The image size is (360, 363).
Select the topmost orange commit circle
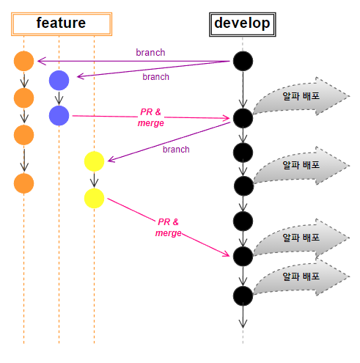pyautogui.click(x=23, y=61)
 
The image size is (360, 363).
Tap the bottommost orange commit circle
pyautogui.click(x=23, y=183)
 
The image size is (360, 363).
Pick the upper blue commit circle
pyautogui.click(x=59, y=81)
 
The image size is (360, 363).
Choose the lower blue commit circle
pyautogui.click(x=59, y=116)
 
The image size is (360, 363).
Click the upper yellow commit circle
pyautogui.click(x=94, y=161)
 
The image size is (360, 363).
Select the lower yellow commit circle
pyautogui.click(x=94, y=198)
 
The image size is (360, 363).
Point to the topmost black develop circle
pyautogui.click(x=243, y=61)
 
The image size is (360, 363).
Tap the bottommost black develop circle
pyautogui.click(x=243, y=296)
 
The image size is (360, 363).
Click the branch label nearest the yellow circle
pyautogui.click(x=176, y=150)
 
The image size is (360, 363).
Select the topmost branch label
pyautogui.click(x=150, y=53)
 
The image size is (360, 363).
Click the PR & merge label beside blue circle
pyautogui.click(x=151, y=117)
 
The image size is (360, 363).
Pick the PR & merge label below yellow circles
pyautogui.click(x=169, y=227)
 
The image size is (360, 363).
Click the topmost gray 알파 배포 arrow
pyautogui.click(x=301, y=96)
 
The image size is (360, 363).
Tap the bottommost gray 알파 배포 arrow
pyautogui.click(x=301, y=276)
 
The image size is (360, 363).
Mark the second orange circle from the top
pyautogui.click(x=23, y=98)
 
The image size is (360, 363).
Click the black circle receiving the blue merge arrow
pyautogui.click(x=243, y=118)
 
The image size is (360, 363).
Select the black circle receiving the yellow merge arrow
pyautogui.click(x=243, y=256)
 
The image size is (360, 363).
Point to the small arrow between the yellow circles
pyautogui.click(x=94, y=180)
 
